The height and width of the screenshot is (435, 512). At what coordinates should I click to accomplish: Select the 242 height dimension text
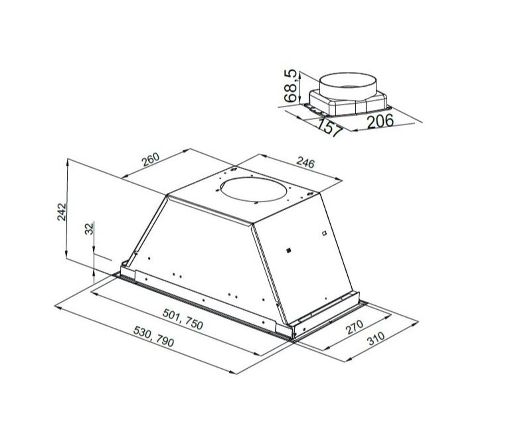tap(62, 212)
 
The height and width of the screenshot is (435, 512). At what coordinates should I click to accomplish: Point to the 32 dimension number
tap(89, 229)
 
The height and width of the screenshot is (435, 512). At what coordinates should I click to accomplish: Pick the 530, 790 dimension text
tap(154, 336)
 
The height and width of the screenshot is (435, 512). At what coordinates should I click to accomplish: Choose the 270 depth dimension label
tap(354, 327)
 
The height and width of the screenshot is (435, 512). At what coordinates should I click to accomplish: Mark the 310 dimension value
tap(376, 339)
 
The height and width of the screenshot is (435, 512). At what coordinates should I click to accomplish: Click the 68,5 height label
tap(292, 86)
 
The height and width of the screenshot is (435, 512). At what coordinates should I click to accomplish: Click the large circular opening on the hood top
tap(256, 189)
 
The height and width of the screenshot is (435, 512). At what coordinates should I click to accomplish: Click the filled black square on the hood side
tap(289, 250)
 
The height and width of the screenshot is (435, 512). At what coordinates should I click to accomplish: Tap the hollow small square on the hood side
tap(324, 233)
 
